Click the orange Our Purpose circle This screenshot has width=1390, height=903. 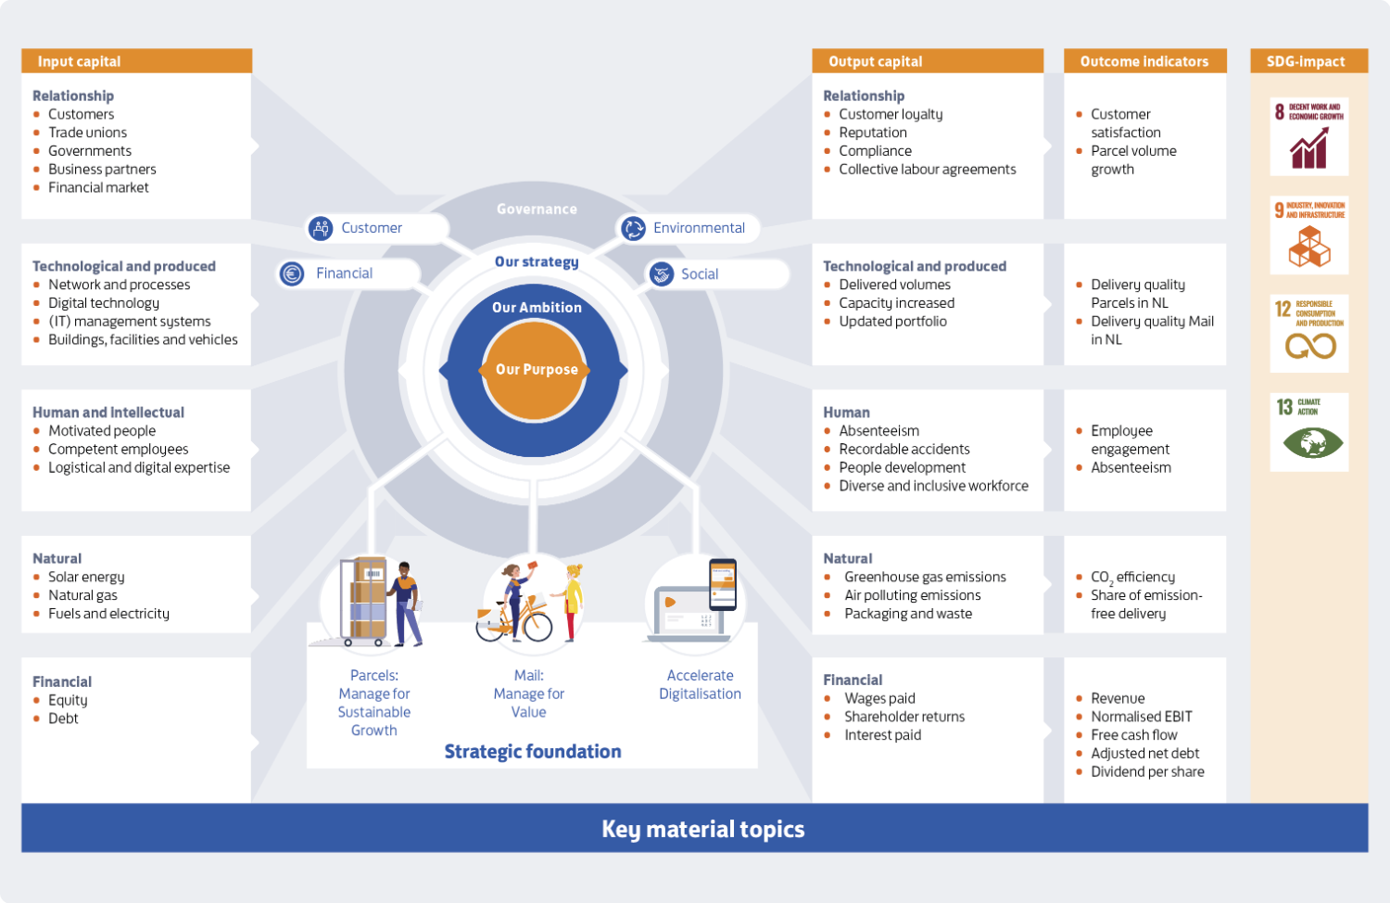[x=535, y=370]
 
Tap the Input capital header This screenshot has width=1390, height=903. [x=136, y=61]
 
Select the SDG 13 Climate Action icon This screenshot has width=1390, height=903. [x=1309, y=432]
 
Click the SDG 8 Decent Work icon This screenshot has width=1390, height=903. [x=1309, y=136]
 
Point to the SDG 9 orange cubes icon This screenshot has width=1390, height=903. [x=1309, y=235]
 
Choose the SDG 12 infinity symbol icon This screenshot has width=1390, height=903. [x=1309, y=333]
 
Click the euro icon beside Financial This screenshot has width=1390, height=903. [x=292, y=273]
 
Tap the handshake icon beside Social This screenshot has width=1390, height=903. [x=662, y=273]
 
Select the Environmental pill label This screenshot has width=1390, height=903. [x=689, y=228]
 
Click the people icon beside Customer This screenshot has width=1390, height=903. [x=321, y=228]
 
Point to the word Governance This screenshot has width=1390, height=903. [x=537, y=210]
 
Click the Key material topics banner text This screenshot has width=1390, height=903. [x=703, y=829]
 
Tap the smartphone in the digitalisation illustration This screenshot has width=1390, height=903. [x=723, y=584]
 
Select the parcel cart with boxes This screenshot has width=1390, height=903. [x=363, y=601]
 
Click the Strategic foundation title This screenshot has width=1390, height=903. [x=533, y=752]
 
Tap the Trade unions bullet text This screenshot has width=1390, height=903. [x=87, y=133]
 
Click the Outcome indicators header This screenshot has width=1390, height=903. [x=1144, y=61]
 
